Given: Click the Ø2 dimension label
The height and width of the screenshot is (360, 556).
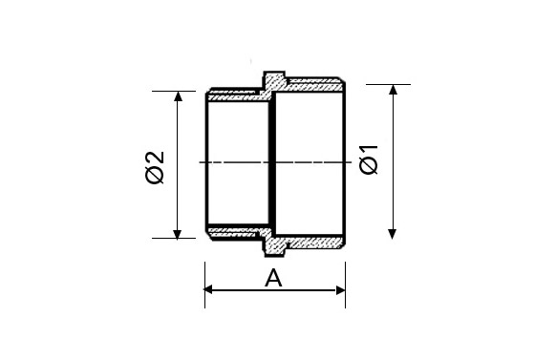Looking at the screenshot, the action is point(155,167).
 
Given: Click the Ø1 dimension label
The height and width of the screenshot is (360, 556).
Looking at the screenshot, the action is point(369,159).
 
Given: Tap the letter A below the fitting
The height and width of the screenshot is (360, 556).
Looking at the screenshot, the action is point(273,278).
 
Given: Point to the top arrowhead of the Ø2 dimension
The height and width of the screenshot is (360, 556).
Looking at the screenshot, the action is point(178,96).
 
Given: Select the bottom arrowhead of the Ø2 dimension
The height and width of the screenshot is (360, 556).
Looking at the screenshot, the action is point(178,234).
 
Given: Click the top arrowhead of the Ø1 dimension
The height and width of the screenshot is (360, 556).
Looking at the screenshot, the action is point(393,90).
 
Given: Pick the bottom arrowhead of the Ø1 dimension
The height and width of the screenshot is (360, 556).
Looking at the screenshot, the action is point(393,234).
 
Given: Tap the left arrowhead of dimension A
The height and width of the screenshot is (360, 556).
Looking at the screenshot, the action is point(208,289).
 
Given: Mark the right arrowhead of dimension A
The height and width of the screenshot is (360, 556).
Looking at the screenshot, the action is point(340,290).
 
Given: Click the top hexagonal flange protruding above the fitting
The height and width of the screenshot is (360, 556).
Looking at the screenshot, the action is point(274,80).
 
